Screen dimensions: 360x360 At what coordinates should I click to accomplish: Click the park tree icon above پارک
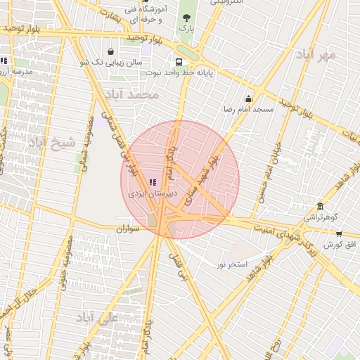pos(186,18)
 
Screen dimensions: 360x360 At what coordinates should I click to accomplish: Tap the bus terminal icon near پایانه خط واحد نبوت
pos(181,60)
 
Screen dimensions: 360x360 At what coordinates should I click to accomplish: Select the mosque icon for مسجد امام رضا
pos(247,99)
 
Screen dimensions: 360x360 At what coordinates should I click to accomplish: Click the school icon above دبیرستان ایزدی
pos(153,181)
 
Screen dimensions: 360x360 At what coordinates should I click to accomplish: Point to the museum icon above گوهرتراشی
pos(321,206)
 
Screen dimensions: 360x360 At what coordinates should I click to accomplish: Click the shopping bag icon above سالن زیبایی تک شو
pos(111,51)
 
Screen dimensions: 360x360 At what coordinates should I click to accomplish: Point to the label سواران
pos(129,229)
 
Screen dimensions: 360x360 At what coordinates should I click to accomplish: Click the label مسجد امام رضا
pos(247,110)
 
